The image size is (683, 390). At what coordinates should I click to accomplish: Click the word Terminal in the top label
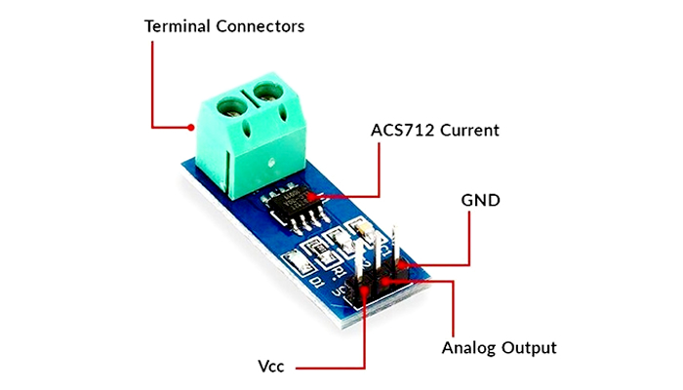pos(178,26)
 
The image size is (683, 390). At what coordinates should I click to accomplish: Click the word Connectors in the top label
pos(261,26)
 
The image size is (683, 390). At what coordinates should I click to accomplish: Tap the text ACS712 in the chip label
pos(402,130)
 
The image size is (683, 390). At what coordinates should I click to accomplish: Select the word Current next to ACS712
pos(469,130)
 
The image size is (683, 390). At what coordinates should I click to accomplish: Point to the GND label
pos(480,200)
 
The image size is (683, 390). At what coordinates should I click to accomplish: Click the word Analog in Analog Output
pos(468,348)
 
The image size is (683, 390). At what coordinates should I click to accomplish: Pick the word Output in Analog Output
pos(529,348)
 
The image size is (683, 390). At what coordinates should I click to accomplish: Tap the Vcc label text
pos(271,367)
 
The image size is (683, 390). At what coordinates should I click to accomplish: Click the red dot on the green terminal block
pos(191,128)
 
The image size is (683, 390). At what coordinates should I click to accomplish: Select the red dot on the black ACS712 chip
pos(310,197)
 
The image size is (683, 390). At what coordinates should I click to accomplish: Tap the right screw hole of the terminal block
pos(268,93)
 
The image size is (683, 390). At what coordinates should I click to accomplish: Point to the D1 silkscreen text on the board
pos(317,282)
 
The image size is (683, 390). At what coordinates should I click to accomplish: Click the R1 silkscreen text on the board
pos(337,272)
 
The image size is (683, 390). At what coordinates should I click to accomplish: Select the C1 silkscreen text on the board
pos(385,250)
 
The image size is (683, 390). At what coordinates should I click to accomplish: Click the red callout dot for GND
pos(401,265)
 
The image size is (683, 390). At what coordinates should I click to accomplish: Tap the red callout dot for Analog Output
pos(385,281)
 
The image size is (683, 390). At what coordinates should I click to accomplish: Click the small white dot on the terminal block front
pos(271,163)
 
